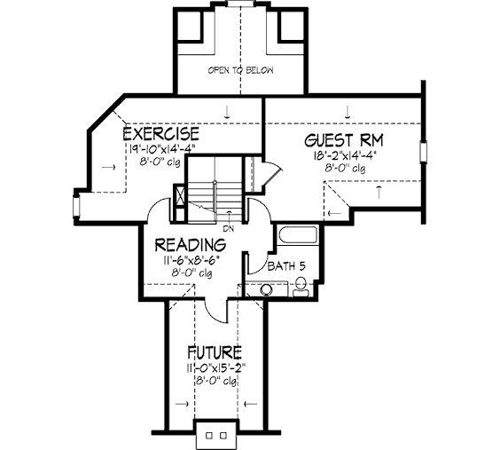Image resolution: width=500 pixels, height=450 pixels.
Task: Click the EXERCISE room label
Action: click(x=161, y=133)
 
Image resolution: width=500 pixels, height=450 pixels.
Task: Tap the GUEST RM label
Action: click(x=343, y=140)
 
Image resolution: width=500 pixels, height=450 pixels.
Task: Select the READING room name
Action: click(x=191, y=245)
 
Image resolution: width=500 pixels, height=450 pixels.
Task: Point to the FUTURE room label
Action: click(x=214, y=352)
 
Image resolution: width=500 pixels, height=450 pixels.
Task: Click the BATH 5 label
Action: click(x=286, y=266)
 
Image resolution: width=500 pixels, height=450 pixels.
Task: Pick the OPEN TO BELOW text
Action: click(x=241, y=70)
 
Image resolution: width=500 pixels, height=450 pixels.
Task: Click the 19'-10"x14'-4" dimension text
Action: click(x=161, y=149)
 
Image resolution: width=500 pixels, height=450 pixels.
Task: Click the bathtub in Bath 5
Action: click(x=298, y=235)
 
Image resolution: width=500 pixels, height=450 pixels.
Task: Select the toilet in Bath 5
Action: click(x=300, y=287)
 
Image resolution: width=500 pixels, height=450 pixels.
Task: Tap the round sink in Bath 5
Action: click(x=266, y=290)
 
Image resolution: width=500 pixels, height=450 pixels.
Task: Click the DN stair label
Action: click(x=228, y=229)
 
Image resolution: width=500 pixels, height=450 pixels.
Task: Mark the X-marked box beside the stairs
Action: click(x=180, y=196)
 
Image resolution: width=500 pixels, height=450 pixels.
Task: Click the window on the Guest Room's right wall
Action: click(x=424, y=153)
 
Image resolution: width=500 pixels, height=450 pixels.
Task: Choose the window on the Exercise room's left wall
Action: click(x=76, y=207)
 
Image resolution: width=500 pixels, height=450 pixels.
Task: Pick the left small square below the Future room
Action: click(x=209, y=435)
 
